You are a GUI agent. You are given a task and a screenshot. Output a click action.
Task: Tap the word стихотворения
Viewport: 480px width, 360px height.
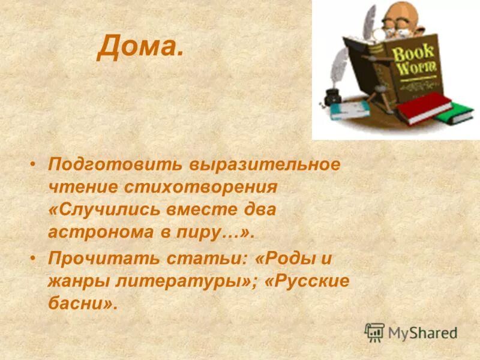tap(202, 187)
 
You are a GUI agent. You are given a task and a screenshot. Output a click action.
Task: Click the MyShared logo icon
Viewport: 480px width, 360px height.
tap(374, 332)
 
